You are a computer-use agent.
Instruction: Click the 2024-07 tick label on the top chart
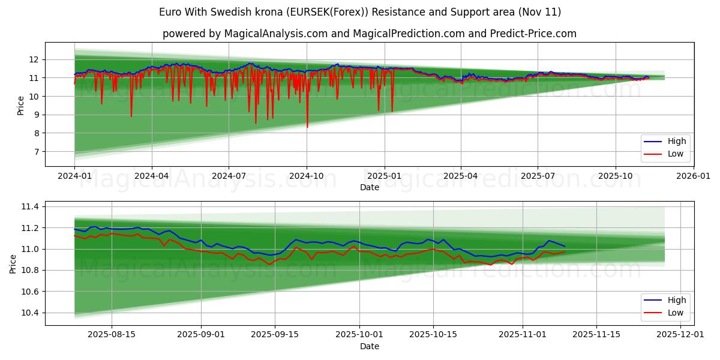click(229, 176)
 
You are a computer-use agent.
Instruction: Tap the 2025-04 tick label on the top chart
click(461, 176)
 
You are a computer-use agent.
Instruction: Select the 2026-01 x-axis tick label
click(693, 176)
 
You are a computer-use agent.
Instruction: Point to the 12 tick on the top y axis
click(34, 59)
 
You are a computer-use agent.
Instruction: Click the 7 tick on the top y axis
click(36, 152)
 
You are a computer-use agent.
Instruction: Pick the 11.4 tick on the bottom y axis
click(29, 207)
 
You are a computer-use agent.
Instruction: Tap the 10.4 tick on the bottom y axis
click(29, 313)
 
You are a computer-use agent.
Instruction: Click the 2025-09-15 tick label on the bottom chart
click(275, 335)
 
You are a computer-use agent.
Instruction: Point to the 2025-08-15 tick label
click(111, 335)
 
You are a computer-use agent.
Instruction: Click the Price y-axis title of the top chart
click(21, 106)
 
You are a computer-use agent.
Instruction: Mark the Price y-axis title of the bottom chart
click(13, 263)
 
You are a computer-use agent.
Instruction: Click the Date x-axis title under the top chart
click(370, 187)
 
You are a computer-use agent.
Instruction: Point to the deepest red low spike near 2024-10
click(307, 126)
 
